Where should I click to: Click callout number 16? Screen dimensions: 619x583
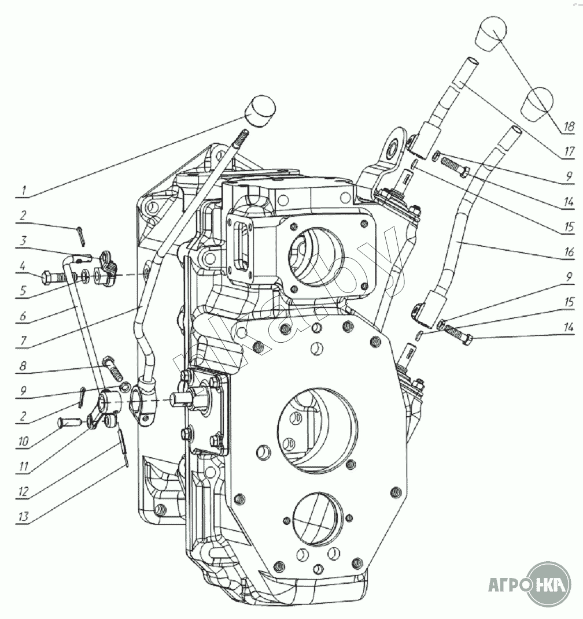click(x=569, y=253)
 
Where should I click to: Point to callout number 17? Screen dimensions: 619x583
click(x=569, y=151)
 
